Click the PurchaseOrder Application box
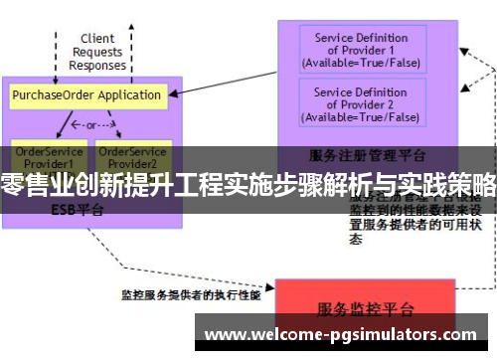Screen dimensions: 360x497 coord(86,95)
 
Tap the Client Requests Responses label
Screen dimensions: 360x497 coord(97,53)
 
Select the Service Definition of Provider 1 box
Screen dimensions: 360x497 coord(360,50)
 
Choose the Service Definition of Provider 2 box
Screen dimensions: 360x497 coord(360,104)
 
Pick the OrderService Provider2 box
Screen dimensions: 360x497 coord(132,155)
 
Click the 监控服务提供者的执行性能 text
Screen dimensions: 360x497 coord(191,294)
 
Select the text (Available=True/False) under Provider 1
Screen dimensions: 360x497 coord(360,63)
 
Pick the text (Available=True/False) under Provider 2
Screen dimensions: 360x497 coord(360,117)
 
